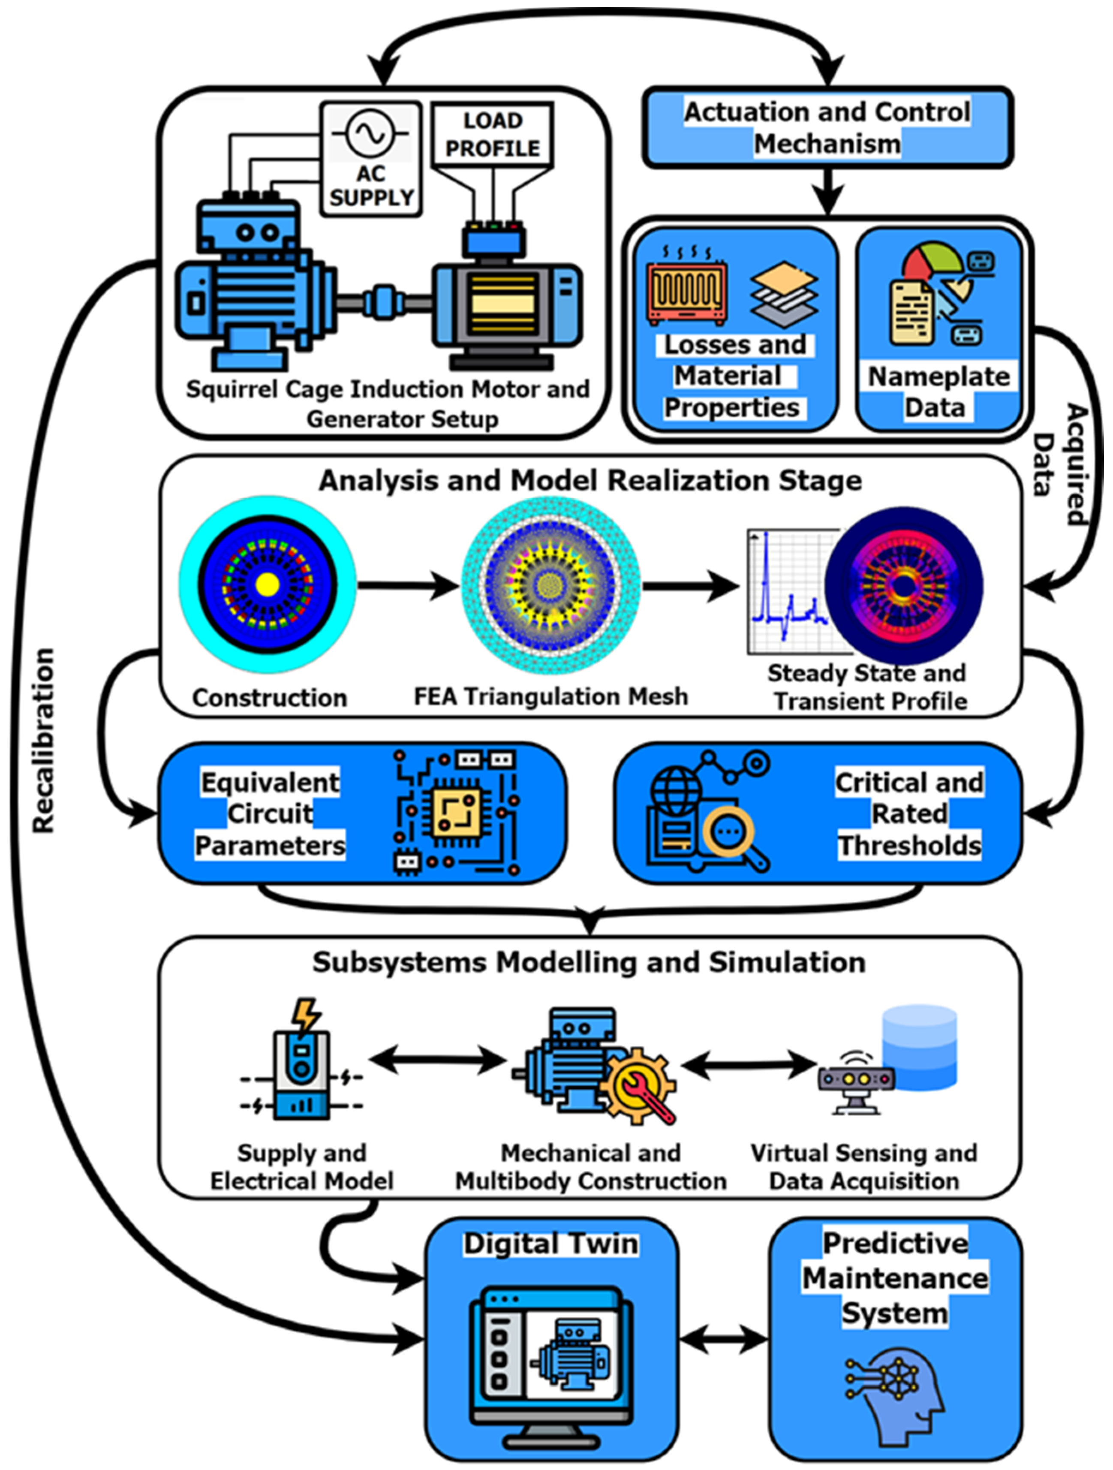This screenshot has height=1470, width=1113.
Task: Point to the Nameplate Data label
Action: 938,392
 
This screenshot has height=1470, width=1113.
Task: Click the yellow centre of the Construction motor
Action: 267,585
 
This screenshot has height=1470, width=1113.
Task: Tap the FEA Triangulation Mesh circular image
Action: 550,585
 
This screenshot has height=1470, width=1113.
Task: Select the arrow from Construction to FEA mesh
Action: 408,585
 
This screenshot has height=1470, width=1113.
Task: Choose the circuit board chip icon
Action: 457,812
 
